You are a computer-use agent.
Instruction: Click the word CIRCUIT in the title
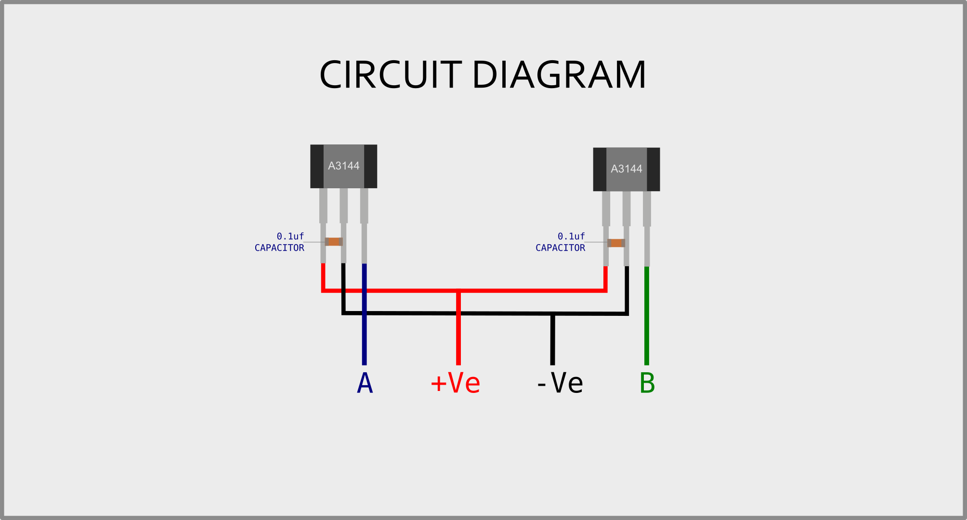point(390,75)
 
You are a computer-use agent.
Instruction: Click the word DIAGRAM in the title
point(559,75)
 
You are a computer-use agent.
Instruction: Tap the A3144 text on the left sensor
point(343,166)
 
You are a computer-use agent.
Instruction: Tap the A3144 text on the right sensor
point(626,169)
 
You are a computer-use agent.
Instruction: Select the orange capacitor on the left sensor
point(333,242)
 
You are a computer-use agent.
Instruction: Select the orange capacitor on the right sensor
point(616,243)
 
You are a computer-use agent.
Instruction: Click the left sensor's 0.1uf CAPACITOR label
point(280,242)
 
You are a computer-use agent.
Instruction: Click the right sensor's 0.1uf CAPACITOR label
point(561,242)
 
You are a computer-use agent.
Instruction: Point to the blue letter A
point(365,383)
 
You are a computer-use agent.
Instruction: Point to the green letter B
point(647,383)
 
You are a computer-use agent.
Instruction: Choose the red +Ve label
point(456,383)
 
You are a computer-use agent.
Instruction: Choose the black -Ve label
point(560,383)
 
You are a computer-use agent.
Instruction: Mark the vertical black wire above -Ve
point(552,342)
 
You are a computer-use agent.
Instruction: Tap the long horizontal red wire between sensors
point(530,291)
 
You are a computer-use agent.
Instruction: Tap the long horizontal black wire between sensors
point(457,313)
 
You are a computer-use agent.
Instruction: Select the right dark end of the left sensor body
point(370,166)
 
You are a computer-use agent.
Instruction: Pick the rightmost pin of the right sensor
point(647,226)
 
